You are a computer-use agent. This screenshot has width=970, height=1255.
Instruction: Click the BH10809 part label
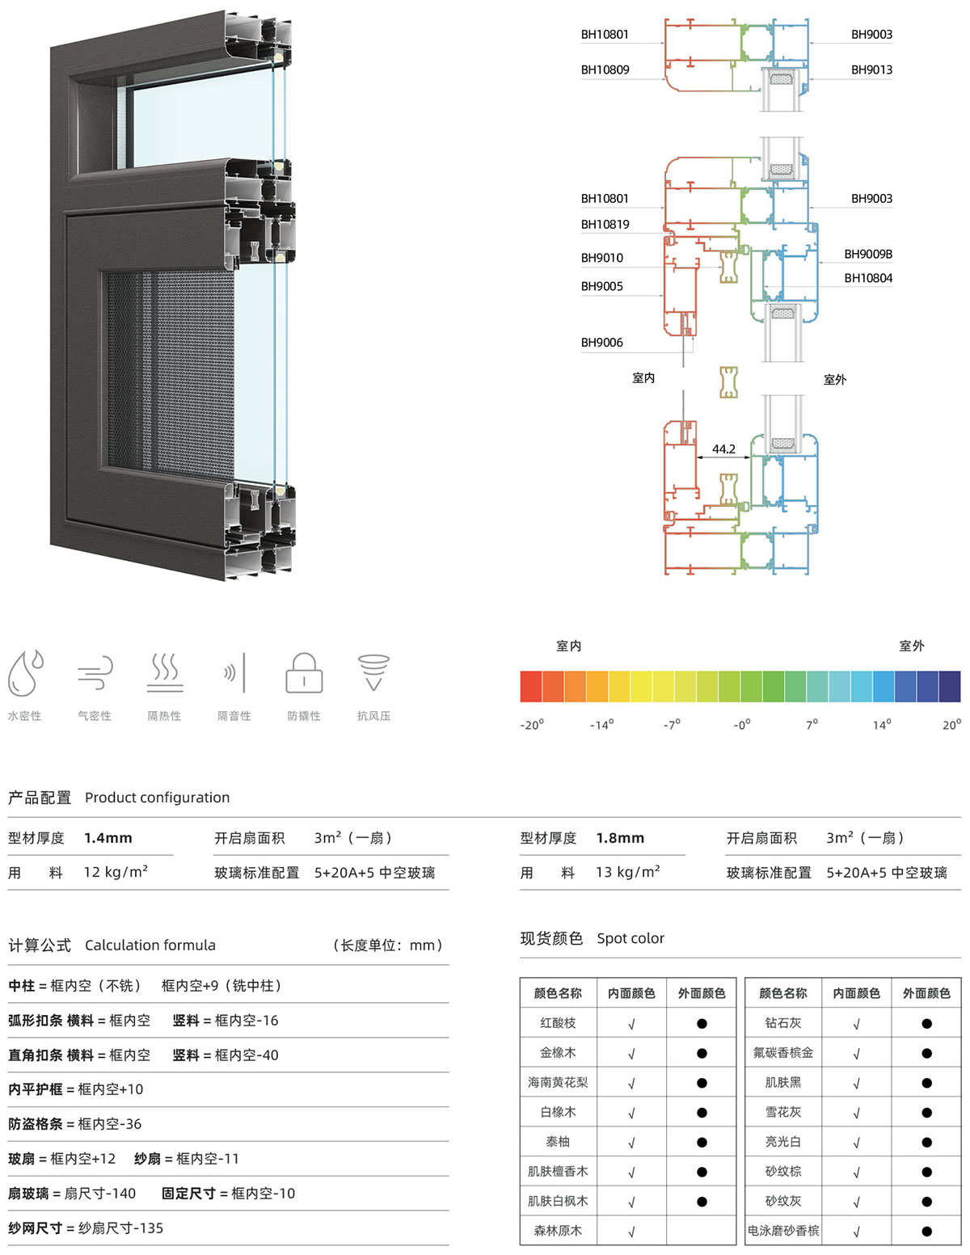(605, 69)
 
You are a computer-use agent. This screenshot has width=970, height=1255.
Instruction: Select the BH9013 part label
(871, 69)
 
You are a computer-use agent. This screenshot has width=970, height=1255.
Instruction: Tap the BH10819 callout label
(605, 224)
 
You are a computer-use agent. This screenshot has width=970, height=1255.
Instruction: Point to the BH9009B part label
(867, 254)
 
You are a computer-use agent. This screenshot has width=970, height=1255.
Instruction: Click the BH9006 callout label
(602, 343)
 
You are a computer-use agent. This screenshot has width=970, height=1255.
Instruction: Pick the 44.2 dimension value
(723, 449)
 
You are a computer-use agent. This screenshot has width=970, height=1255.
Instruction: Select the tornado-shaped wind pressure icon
(373, 672)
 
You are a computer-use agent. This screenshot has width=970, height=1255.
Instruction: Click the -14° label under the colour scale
(601, 724)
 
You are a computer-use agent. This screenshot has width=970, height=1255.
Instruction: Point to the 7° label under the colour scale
(812, 724)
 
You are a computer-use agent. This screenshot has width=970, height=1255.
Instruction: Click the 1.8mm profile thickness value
(620, 838)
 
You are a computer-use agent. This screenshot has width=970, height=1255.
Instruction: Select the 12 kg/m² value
(116, 872)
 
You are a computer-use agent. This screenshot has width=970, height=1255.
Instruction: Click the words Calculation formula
(150, 945)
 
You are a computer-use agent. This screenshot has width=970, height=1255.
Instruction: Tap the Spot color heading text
(630, 938)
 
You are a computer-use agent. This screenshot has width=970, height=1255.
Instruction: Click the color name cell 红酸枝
(558, 1023)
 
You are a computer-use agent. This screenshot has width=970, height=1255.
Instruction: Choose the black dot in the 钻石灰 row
(926, 1023)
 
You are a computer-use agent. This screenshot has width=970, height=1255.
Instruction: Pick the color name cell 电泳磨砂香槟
(782, 1231)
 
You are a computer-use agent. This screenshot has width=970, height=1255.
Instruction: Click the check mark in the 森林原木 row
(631, 1232)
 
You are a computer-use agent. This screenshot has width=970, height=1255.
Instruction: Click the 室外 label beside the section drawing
(835, 380)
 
